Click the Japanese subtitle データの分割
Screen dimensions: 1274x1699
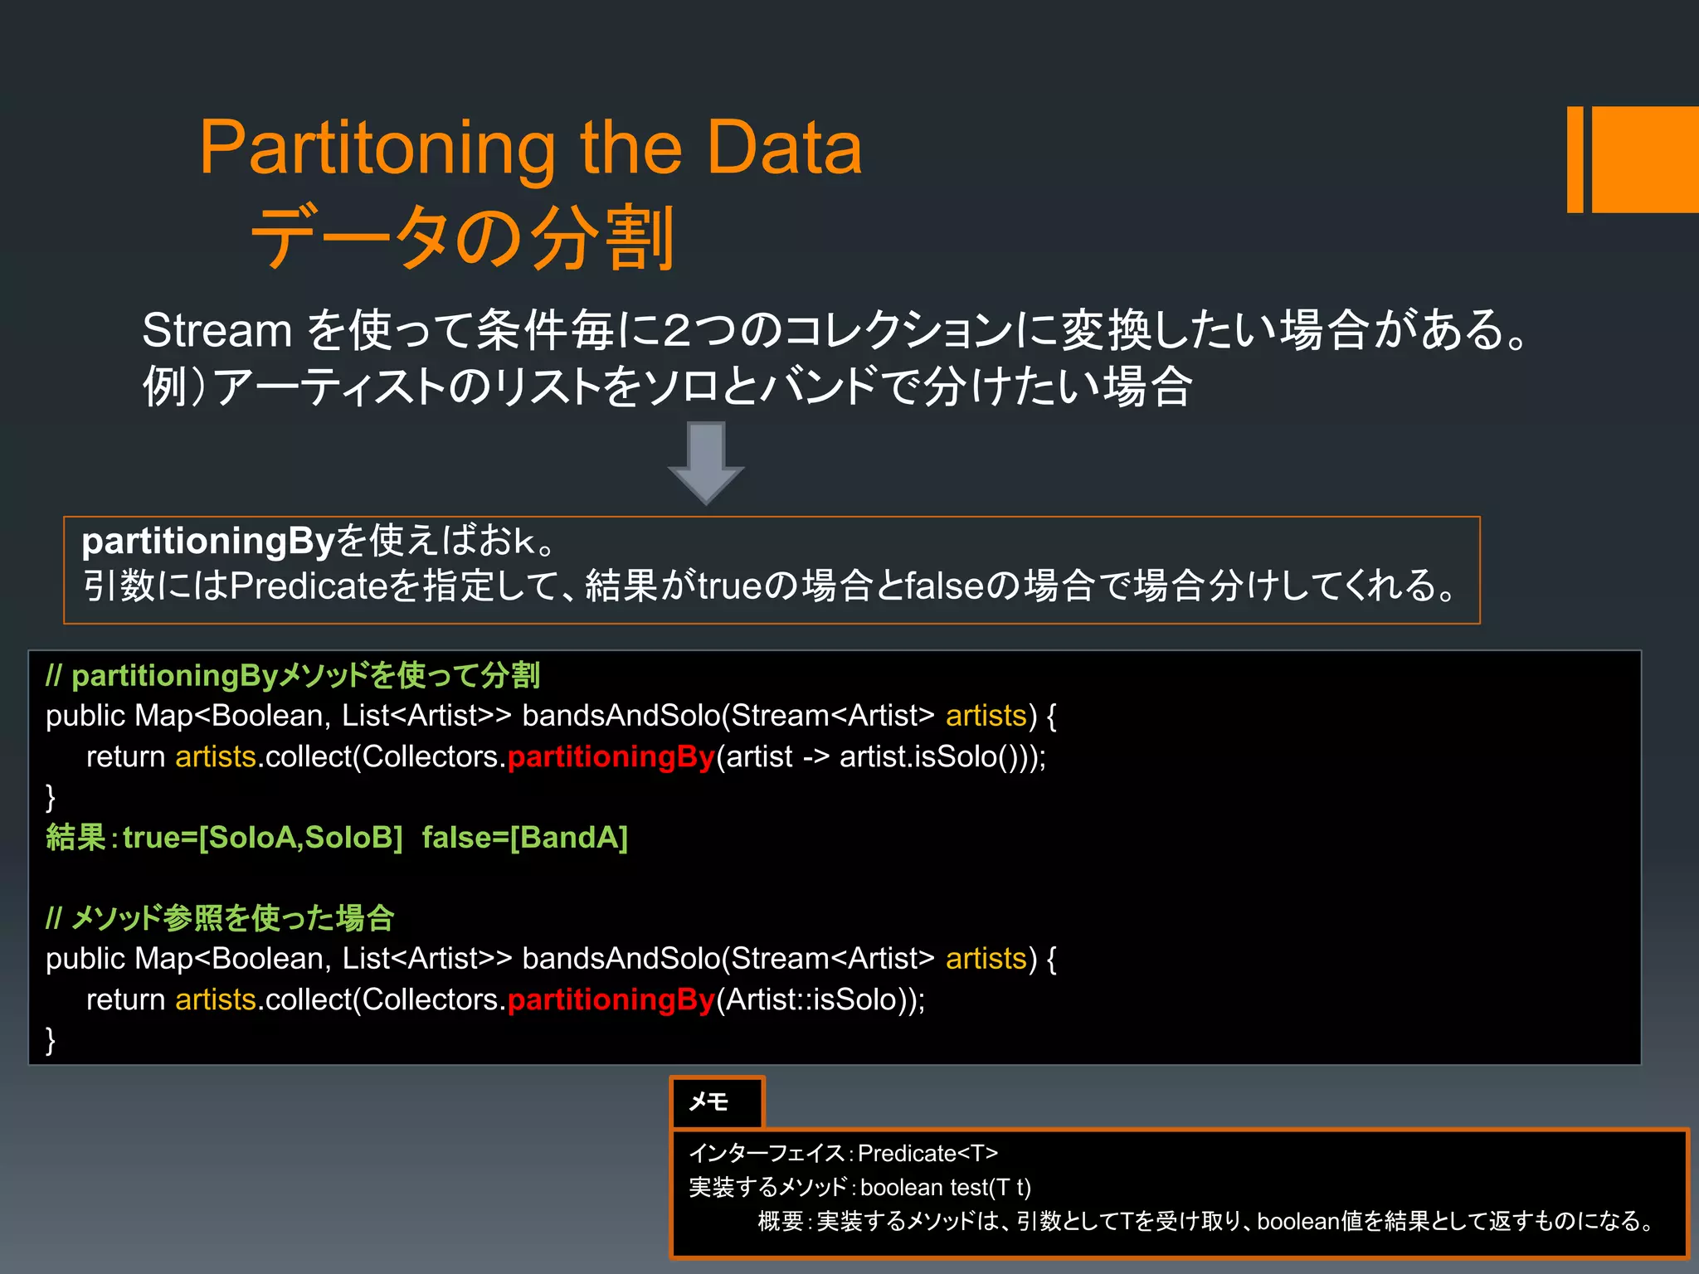(463, 238)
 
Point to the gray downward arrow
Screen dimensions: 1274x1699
(706, 461)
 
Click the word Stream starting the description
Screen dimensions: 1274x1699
(217, 330)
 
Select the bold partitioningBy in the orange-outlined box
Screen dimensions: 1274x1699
(207, 541)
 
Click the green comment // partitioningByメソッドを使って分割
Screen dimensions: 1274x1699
(293, 675)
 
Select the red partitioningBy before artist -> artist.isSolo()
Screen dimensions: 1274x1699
(611, 756)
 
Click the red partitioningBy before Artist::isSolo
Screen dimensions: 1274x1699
(611, 999)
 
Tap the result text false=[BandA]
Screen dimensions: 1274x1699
(524, 837)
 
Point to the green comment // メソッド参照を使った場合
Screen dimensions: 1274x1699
(220, 917)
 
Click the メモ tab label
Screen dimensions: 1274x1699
(708, 1101)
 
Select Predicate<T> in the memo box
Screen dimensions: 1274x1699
(927, 1153)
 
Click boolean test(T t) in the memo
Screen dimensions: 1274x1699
(946, 1187)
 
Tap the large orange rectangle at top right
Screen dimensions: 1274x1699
(1644, 159)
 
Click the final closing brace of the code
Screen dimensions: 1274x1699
(51, 1039)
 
